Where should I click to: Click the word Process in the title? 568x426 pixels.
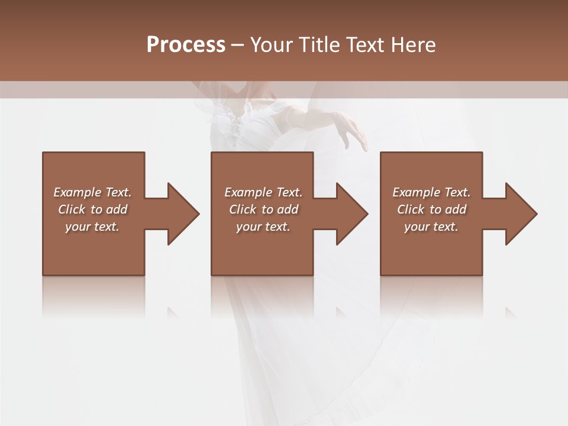pyautogui.click(x=186, y=45)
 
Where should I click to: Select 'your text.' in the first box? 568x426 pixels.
pyautogui.click(x=92, y=227)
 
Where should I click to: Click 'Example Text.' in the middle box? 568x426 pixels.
pyautogui.click(x=263, y=192)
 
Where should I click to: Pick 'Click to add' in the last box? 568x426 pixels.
pyautogui.click(x=431, y=209)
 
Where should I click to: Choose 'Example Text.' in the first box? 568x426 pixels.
pyautogui.click(x=92, y=192)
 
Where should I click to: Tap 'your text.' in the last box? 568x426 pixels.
pyautogui.click(x=431, y=227)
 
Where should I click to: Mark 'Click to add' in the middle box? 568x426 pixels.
pyautogui.click(x=263, y=209)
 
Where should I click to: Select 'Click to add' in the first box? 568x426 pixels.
pyautogui.click(x=92, y=209)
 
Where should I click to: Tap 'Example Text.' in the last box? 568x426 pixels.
pyautogui.click(x=431, y=192)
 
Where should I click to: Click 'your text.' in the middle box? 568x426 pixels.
pyautogui.click(x=263, y=227)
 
